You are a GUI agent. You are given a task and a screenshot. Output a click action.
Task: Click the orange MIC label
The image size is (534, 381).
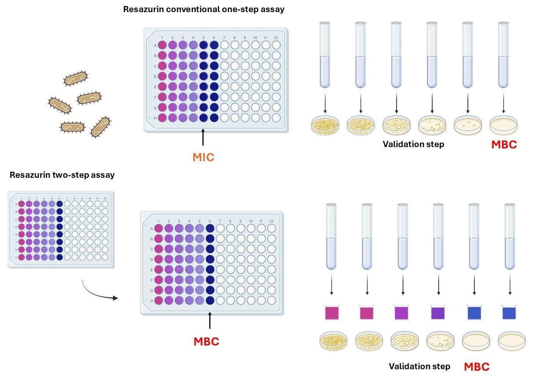[203, 157]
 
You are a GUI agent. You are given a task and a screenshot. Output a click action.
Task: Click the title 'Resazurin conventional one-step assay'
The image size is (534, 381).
[204, 9]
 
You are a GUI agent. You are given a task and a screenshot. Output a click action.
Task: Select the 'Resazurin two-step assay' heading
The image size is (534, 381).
[62, 175]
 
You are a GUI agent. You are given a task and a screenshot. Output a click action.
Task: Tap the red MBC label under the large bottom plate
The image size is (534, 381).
[206, 341]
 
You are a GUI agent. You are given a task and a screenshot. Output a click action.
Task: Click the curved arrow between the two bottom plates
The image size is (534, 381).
[99, 292]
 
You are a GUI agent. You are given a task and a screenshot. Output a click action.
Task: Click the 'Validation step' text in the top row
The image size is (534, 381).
[413, 144]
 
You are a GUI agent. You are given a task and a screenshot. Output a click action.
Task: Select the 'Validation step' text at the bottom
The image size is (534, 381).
[419, 366]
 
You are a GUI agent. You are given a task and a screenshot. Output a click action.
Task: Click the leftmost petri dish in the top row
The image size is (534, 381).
[325, 125]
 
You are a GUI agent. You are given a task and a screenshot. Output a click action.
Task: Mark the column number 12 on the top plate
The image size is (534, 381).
[276, 38]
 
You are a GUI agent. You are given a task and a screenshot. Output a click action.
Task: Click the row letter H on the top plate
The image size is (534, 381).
[155, 118]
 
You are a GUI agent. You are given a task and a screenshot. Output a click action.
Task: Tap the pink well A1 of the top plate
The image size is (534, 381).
[162, 45]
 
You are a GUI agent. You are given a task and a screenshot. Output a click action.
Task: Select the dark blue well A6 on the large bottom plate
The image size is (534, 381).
[210, 229]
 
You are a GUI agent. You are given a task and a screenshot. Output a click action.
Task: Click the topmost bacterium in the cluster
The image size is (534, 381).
[76, 79]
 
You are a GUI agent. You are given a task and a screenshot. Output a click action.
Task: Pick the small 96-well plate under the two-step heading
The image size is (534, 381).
[61, 229]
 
